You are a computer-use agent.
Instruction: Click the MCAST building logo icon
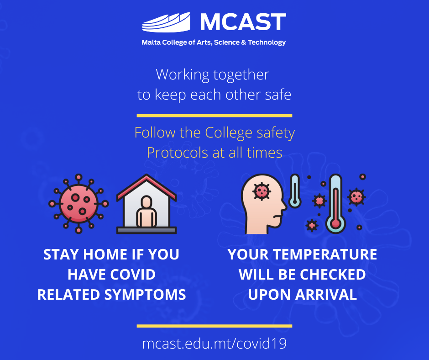[166, 22]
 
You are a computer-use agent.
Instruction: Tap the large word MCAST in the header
[243, 22]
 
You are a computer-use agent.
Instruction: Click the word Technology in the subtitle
[267, 42]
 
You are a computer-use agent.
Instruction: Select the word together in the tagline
[241, 75]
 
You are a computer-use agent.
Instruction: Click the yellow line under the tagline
[214, 116]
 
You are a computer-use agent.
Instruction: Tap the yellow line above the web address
[214, 326]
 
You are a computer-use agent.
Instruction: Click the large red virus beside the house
[78, 204]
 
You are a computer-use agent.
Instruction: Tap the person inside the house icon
[146, 211]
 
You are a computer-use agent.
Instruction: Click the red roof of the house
[146, 187]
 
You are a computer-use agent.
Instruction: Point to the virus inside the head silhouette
[262, 191]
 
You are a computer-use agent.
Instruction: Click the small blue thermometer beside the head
[295, 191]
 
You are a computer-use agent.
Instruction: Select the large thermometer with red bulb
[336, 204]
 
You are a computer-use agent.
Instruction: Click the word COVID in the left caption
[133, 275]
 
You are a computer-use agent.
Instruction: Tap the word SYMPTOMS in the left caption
[145, 295]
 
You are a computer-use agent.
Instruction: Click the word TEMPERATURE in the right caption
[325, 254]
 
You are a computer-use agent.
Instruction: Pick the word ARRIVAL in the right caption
[326, 295]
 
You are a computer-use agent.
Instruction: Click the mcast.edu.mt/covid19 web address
[214, 344]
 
